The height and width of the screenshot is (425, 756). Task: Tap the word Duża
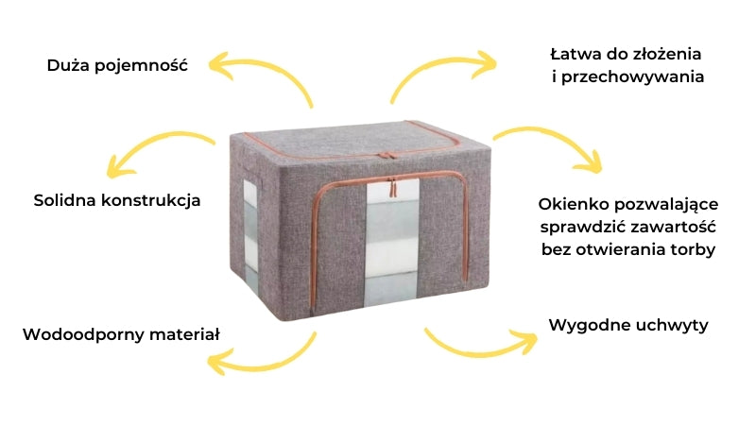70,66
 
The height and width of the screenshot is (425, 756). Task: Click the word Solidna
67,201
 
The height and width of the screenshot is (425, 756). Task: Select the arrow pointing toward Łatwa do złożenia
440,72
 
